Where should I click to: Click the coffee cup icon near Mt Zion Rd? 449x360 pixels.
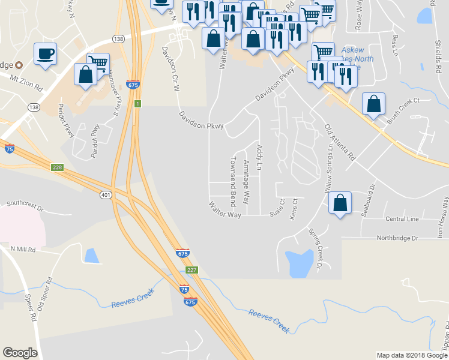[46, 53]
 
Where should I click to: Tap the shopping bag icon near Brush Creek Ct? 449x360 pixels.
[373, 104]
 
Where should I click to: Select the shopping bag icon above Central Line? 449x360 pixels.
[340, 202]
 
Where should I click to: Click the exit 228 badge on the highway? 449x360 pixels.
[57, 167]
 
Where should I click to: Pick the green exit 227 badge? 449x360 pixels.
[191, 271]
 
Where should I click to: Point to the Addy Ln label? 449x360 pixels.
[259, 157]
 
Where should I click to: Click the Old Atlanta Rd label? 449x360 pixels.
[340, 142]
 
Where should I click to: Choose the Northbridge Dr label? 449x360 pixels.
[397, 238]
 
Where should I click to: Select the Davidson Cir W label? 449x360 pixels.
[169, 70]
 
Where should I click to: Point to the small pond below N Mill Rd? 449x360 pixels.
[92, 256]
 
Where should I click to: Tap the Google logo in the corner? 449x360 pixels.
[20, 353]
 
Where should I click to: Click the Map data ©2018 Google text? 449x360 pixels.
[412, 355]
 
